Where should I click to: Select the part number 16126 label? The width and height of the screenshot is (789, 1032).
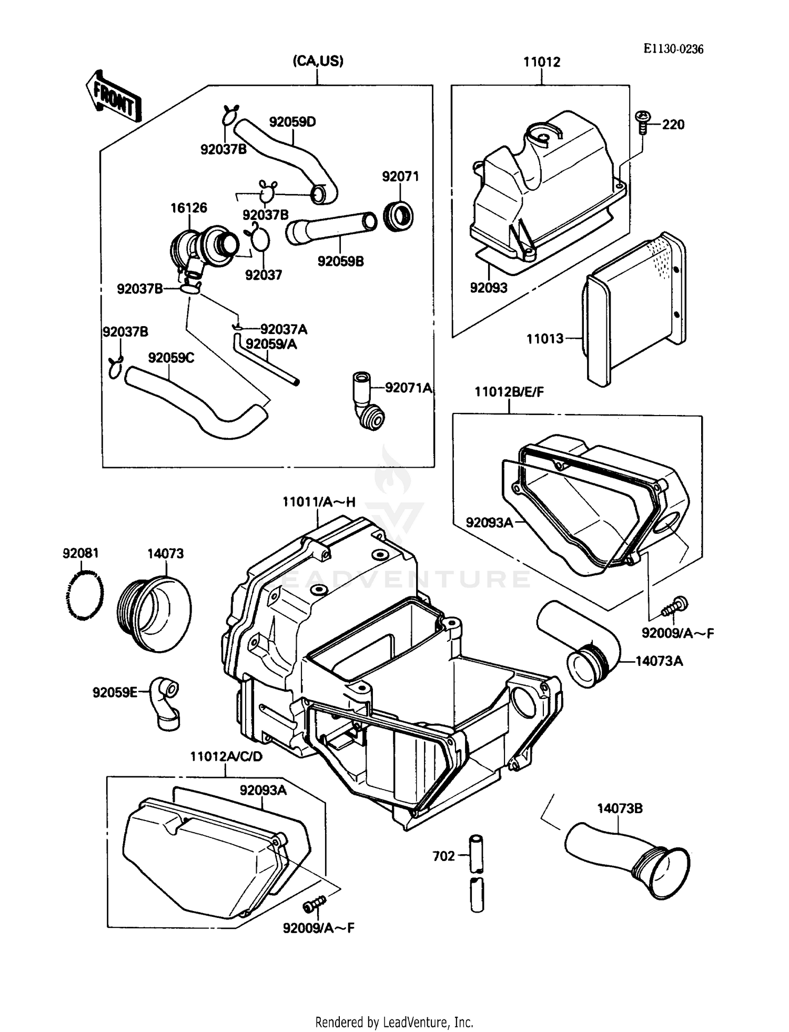[188, 208]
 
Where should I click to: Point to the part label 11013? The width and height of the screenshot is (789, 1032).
[545, 339]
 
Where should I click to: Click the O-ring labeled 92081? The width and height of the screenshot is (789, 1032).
[85, 595]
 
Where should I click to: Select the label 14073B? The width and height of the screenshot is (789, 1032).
[619, 808]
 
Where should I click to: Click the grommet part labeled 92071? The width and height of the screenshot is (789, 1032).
[398, 216]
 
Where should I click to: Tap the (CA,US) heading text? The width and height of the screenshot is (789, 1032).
[318, 61]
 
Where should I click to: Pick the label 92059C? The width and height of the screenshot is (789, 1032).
[171, 358]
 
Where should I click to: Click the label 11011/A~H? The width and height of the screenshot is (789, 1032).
[319, 502]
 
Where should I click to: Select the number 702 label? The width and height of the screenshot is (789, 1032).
[443, 856]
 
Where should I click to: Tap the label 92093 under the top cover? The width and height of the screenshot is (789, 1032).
[488, 288]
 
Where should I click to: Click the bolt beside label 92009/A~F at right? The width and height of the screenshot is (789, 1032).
[675, 606]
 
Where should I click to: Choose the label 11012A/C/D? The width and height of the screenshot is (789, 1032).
[226, 756]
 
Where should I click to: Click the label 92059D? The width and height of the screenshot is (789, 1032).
[292, 122]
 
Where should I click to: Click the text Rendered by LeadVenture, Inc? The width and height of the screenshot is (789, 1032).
[394, 1022]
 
